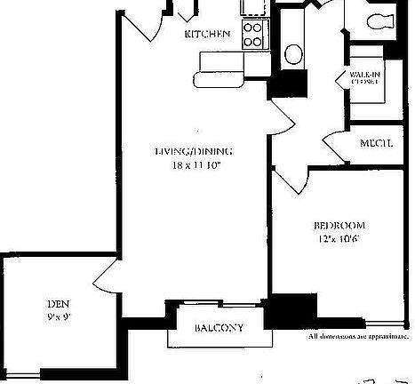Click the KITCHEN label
(x=207, y=35)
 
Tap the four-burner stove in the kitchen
(x=253, y=34)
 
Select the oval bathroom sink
(x=293, y=53)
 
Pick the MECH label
(x=378, y=144)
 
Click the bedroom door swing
(x=286, y=180)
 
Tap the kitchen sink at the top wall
(x=254, y=8)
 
